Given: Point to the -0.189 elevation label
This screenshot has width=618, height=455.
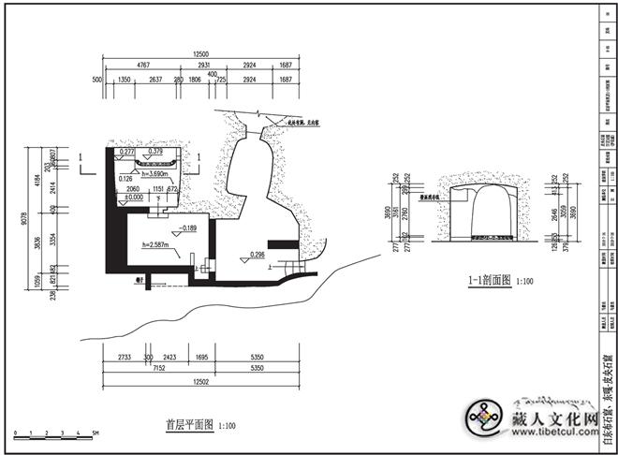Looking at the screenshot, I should coord(189,227).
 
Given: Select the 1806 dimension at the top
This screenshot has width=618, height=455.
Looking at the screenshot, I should coord(195,81).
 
